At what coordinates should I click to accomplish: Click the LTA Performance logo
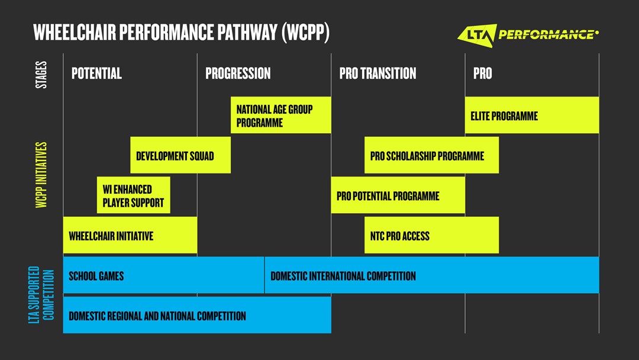tap(528, 34)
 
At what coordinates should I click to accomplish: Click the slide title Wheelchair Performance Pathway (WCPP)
tap(181, 33)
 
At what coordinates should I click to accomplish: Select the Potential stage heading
tap(96, 73)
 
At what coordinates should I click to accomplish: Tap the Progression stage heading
tap(238, 73)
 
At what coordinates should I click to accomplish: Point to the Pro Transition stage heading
tap(377, 73)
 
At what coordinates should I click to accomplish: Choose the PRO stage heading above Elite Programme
tap(482, 73)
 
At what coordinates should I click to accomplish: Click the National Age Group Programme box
tap(280, 115)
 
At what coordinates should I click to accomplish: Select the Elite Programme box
tap(531, 115)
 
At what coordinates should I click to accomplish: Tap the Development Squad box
tap(180, 156)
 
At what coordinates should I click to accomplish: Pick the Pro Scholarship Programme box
tap(431, 156)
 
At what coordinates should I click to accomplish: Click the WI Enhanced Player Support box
tap(133, 196)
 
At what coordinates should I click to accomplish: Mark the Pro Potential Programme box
tap(398, 196)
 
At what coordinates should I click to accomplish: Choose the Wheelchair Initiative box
tap(130, 236)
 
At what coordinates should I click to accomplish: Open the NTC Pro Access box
tap(431, 236)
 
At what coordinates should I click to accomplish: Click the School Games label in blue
tap(96, 276)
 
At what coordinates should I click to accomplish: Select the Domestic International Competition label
tap(343, 276)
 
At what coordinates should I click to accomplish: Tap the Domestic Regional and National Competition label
tap(157, 316)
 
